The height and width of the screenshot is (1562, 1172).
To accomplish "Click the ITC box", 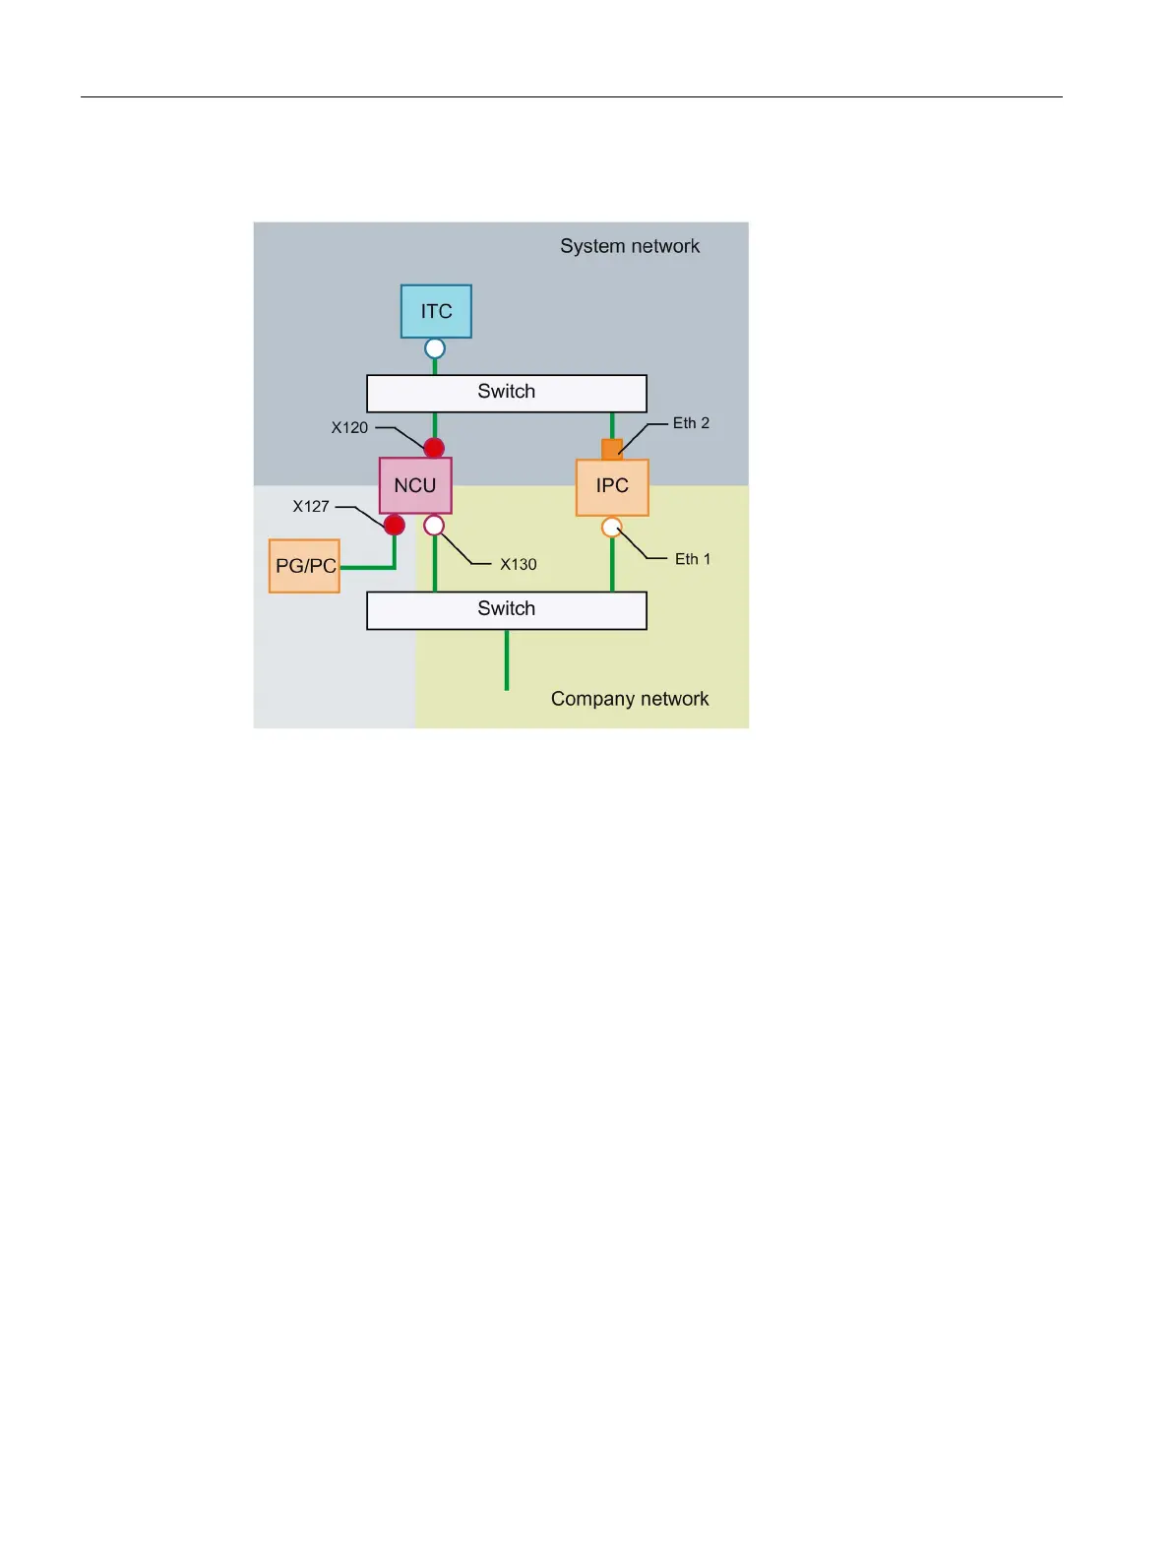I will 436,311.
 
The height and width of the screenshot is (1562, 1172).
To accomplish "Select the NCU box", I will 415,485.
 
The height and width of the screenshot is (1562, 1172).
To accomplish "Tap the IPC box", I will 612,486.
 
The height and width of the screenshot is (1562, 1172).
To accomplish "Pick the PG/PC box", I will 305,566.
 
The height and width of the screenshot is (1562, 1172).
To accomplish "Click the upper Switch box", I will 506,393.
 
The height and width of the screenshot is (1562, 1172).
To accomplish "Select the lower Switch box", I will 506,610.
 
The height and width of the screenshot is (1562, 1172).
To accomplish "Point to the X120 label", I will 349,428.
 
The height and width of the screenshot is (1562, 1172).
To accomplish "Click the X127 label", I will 311,507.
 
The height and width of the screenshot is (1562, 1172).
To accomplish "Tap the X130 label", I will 518,565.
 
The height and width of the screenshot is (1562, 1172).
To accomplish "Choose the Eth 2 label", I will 691,423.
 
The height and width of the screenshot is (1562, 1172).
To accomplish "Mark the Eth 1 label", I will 692,559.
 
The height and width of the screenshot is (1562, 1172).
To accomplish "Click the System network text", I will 630,246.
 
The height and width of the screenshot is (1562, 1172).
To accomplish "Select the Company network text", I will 630,699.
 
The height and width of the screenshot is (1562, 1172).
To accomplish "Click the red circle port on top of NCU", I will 434,448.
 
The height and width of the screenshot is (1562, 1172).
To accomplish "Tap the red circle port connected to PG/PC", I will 395,526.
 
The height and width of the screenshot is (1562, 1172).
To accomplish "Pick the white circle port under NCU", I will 434,526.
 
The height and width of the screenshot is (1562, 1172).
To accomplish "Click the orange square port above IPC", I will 612,449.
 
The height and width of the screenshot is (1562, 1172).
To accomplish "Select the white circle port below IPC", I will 612,527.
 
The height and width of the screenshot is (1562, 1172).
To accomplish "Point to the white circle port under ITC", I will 435,348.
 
